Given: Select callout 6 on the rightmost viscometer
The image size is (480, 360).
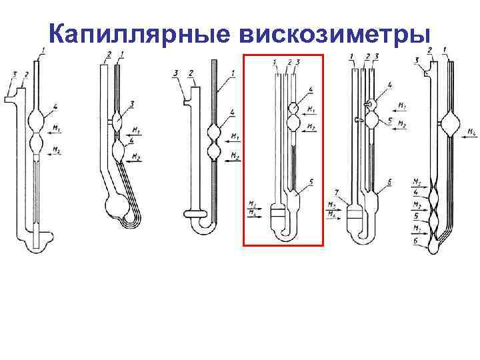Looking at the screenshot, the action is [416, 247].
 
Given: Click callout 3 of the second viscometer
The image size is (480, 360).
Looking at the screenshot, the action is [133, 104].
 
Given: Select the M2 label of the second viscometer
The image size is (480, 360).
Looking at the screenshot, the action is [136, 157].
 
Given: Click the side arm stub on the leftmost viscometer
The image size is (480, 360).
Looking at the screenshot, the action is [11, 99].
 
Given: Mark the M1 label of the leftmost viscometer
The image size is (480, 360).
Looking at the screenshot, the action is [57, 129].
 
